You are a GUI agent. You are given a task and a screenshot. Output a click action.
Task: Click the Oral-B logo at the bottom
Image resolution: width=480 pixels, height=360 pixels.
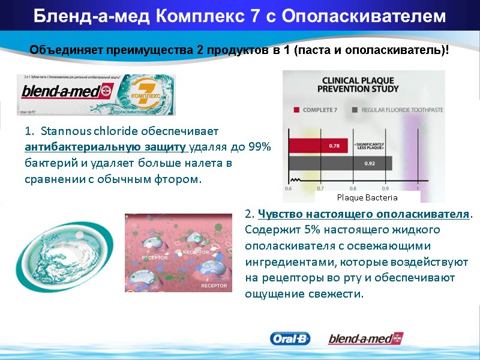point(290,339)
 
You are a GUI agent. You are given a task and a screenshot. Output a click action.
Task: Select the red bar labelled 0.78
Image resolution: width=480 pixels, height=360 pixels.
point(318,145)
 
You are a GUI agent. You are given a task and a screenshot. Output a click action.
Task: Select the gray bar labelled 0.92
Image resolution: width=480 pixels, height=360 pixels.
point(340,163)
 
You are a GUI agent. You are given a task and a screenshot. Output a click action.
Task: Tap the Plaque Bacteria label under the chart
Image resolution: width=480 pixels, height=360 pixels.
point(367,197)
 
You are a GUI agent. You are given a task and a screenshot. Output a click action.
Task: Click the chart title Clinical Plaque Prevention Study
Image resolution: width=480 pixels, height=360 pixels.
point(360,84)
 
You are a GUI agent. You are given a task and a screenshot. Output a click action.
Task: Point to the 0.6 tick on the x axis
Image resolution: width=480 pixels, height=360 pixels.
point(288,188)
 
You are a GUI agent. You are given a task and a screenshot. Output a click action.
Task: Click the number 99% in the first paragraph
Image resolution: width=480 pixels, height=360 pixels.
point(262,146)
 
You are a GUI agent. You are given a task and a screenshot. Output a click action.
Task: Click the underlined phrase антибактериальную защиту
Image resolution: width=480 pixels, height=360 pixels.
point(107,146)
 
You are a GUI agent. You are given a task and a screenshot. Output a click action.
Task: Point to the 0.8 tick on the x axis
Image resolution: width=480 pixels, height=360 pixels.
point(353,188)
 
